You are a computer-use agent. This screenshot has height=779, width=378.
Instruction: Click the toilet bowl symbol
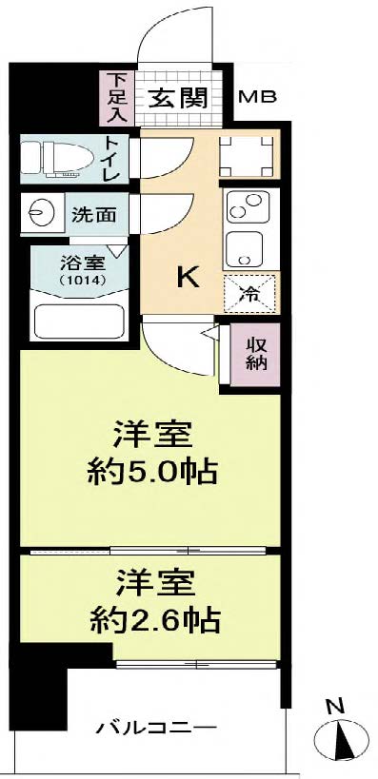[56, 159]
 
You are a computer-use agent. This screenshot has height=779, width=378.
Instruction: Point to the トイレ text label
[110, 161]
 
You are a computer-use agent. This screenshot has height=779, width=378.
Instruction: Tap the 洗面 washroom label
[94, 214]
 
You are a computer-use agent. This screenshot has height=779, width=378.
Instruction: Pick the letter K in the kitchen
[188, 277]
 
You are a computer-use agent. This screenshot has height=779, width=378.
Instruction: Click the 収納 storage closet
[255, 354]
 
